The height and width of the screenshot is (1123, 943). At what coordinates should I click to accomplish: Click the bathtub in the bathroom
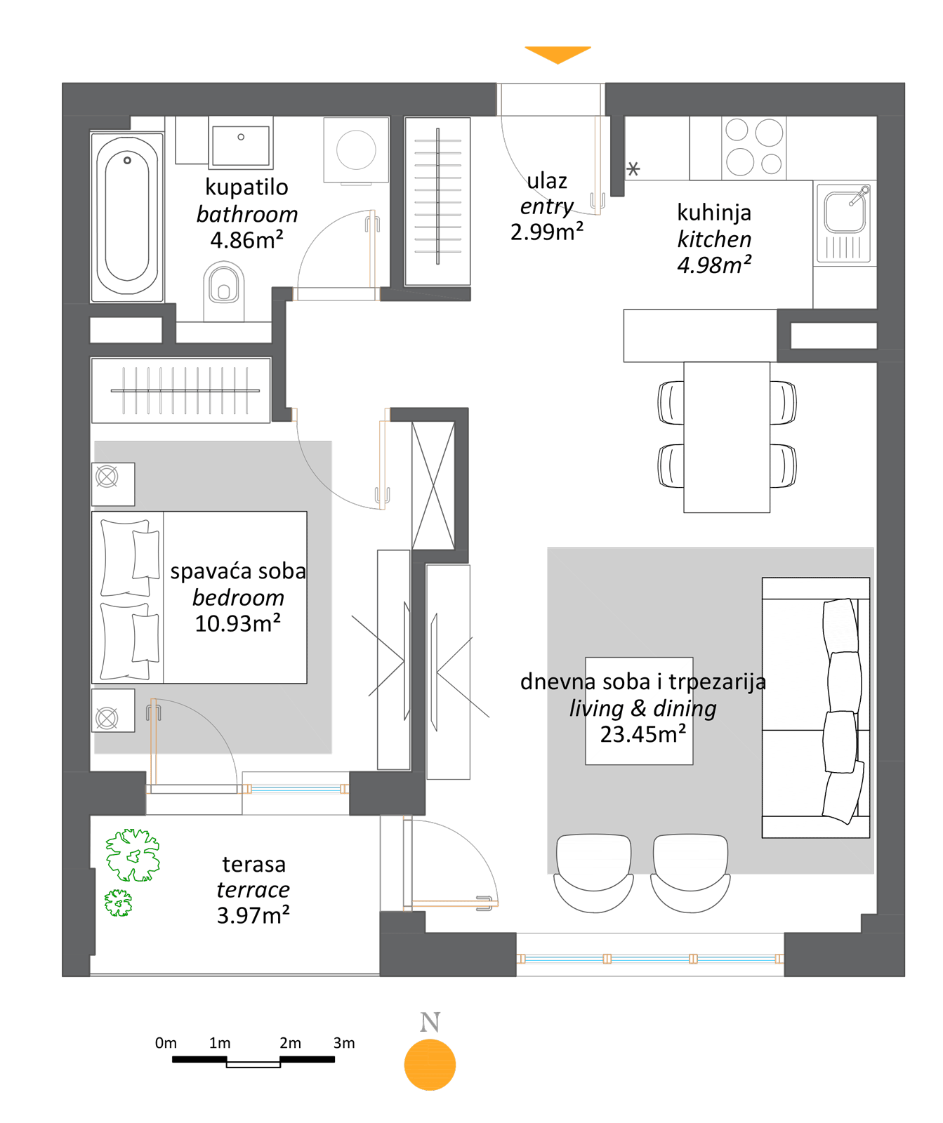127,218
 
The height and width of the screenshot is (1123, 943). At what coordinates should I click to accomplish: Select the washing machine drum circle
356,149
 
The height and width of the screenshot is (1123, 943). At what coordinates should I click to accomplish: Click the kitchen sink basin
845,211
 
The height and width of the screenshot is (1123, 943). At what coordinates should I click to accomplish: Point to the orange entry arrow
558,55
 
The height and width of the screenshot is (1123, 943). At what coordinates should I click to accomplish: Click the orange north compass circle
430,1064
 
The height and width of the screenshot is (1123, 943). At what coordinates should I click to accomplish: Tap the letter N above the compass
430,1022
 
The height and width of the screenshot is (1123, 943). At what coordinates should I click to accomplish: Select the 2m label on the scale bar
290,1043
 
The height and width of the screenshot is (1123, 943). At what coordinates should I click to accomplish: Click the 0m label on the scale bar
166,1043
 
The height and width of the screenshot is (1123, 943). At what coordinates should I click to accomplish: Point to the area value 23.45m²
642,734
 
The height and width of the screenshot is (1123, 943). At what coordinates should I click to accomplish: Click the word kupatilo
246,187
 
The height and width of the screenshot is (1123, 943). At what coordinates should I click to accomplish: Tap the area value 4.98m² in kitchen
714,265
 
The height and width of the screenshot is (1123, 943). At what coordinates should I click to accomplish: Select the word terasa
253,864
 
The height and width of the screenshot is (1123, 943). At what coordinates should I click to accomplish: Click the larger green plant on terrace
133,855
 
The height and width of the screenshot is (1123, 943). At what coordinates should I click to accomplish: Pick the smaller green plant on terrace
118,903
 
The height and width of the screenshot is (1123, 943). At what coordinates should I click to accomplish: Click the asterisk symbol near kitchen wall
633,168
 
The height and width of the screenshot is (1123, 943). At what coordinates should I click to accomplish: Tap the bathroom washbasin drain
241,137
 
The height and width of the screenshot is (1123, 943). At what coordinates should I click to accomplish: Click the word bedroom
238,597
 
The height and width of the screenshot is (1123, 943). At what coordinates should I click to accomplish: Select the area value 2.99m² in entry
547,232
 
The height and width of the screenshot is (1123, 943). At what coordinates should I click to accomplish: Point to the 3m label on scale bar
344,1043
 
